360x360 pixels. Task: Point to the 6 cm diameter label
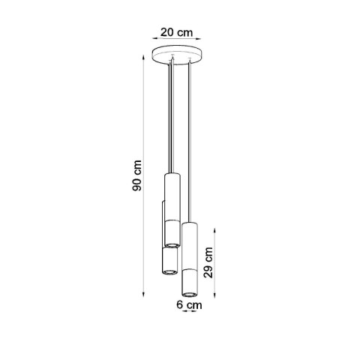pos(188,305)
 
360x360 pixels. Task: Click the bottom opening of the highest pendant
pos(172,243)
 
